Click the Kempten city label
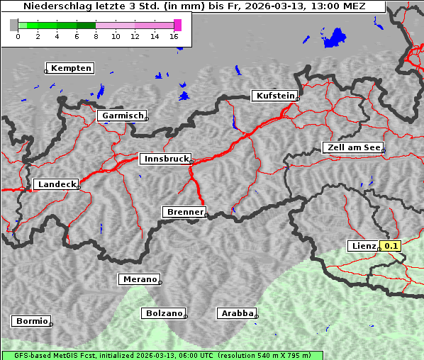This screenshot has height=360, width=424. (x=71, y=68)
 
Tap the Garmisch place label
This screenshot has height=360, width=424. (x=123, y=116)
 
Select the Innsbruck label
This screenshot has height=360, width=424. (x=165, y=159)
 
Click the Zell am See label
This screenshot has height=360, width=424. (x=352, y=147)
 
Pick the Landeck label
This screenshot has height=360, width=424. (x=56, y=184)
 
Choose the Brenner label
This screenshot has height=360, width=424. (x=184, y=212)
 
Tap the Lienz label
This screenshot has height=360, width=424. (x=364, y=246)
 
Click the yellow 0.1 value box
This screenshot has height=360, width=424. (x=391, y=246)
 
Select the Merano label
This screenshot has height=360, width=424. (x=139, y=279)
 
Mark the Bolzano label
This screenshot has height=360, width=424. (x=164, y=313)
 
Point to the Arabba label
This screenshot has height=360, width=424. (x=235, y=313)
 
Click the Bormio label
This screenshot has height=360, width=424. (x=31, y=321)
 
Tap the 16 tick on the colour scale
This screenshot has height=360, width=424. (x=174, y=36)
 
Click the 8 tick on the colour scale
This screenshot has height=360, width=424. (x=96, y=36)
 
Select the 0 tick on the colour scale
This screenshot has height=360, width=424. (x=18, y=36)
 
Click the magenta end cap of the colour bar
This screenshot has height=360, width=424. (x=178, y=25)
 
